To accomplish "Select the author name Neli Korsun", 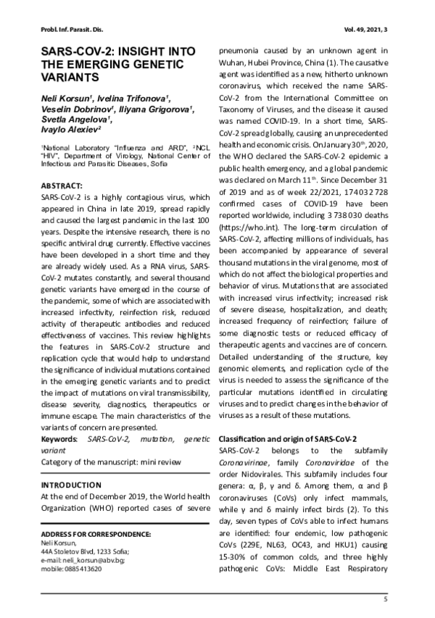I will click(x=67, y=97).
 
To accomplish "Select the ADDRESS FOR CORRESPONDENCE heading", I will click(x=96, y=535).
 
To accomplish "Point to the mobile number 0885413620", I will click(x=83, y=570).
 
